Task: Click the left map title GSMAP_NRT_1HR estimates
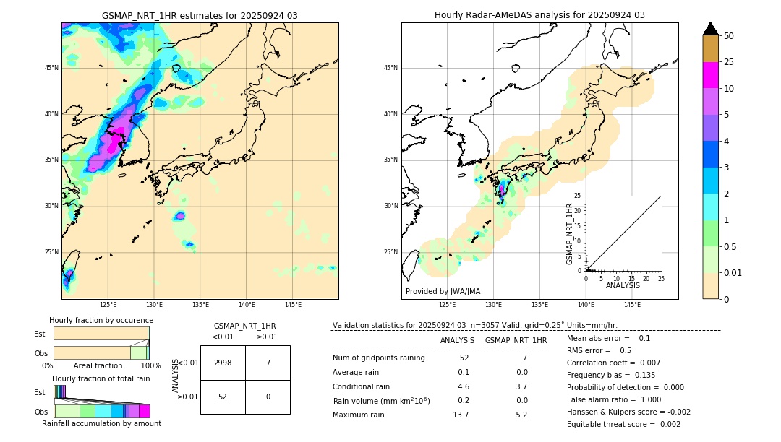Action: (x=200, y=16)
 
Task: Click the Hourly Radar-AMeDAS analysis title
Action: (x=539, y=15)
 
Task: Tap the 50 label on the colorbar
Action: (x=729, y=36)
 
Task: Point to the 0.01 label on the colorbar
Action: (x=733, y=273)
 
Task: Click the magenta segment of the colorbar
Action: (x=710, y=75)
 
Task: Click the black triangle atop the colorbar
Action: (x=710, y=29)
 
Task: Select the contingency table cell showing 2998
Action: (x=223, y=363)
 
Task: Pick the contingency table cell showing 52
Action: (x=223, y=396)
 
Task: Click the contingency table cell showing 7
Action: (x=268, y=363)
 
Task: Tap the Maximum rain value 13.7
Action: (x=461, y=415)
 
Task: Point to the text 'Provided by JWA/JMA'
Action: (x=443, y=292)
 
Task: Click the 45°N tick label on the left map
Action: (x=51, y=68)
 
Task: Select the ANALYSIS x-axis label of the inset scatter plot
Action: (x=623, y=285)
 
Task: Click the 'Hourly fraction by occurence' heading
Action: (x=101, y=320)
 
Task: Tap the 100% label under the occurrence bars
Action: (x=150, y=366)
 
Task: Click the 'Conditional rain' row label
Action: (x=362, y=386)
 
